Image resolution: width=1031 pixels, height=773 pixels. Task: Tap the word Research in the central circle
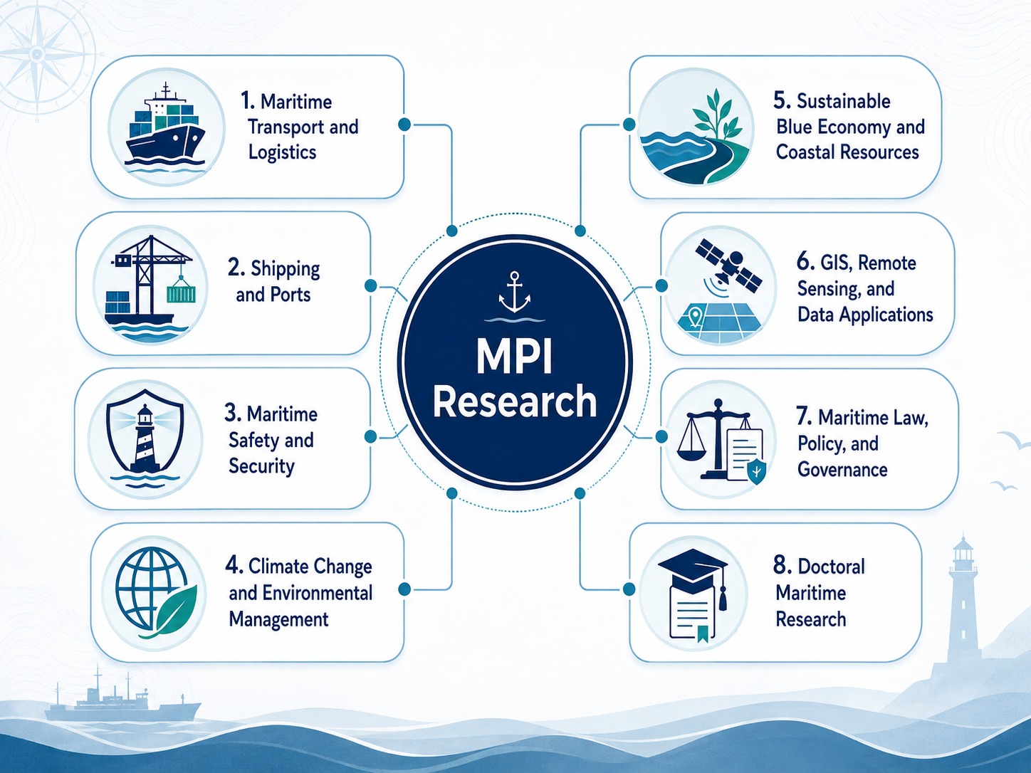click(514, 401)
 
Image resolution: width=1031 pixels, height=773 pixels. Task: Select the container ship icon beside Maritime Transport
click(166, 127)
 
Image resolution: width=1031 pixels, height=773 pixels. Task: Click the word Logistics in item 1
click(282, 152)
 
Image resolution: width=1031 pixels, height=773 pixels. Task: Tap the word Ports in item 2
click(291, 295)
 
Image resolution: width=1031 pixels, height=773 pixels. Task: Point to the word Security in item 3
click(261, 466)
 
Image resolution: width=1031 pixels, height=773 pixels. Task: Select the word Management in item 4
click(278, 619)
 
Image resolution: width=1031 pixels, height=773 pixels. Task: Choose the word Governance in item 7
click(842, 469)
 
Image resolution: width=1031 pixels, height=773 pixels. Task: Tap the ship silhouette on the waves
click(123, 699)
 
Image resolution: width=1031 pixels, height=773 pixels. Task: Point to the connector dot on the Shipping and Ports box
click(370, 285)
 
